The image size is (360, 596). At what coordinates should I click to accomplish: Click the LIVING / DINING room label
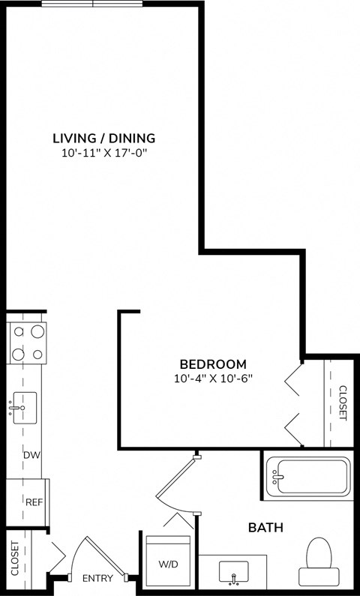pos(103,138)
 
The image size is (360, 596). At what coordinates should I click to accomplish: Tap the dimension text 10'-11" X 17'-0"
pos(103,153)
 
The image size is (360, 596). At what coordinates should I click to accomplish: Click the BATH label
pos(265,528)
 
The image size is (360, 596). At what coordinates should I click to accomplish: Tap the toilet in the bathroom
pos(319,562)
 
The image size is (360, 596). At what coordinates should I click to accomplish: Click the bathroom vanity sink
pos(233,573)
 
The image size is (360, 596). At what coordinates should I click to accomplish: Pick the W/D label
pos(169,563)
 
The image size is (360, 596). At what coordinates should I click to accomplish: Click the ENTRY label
pos(97,578)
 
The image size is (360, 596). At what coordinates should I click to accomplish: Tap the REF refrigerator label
pos(33,502)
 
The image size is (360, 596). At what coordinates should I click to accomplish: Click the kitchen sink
pos(24,408)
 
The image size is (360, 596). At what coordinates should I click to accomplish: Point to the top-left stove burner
pos(17,331)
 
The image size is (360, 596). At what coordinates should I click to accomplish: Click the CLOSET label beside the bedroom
pos(343,403)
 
